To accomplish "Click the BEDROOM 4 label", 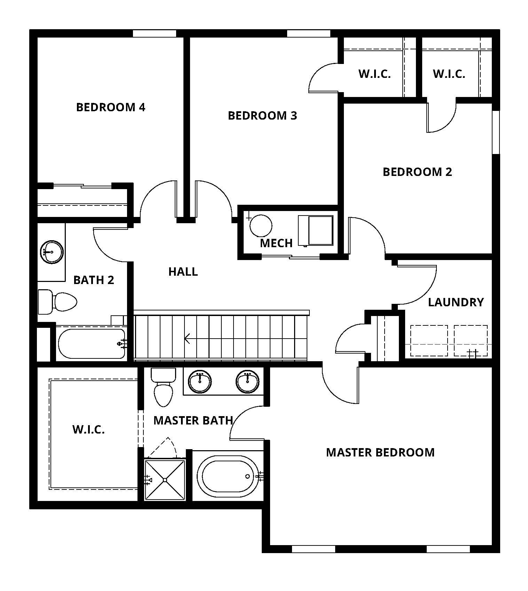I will coord(110,107).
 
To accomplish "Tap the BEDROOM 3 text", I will coord(262,115).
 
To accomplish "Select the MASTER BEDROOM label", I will coord(380,452).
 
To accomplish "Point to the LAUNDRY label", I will coord(456,302).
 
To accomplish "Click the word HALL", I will coord(183,272).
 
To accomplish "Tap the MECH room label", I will coord(276,243).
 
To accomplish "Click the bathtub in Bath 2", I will coord(91,343).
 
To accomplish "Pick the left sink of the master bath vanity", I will coord(200,381).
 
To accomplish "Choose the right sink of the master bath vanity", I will coord(247,381).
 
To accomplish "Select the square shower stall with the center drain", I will coord(165,480).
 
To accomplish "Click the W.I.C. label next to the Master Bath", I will coord(88,429).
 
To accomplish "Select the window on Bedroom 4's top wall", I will coord(154,33).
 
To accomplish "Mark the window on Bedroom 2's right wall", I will coord(496,132).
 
